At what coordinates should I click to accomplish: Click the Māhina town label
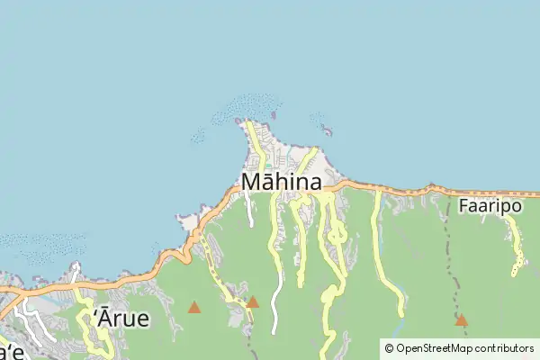coord(282,183)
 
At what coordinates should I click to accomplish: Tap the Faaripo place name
coord(490,204)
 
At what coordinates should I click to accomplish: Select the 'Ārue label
coord(121,319)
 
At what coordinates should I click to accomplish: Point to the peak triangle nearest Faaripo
coord(461,319)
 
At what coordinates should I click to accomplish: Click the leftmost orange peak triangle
coord(194,307)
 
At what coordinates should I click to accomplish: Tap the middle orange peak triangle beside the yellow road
coord(253,301)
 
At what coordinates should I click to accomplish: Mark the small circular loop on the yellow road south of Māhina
coord(337,236)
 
